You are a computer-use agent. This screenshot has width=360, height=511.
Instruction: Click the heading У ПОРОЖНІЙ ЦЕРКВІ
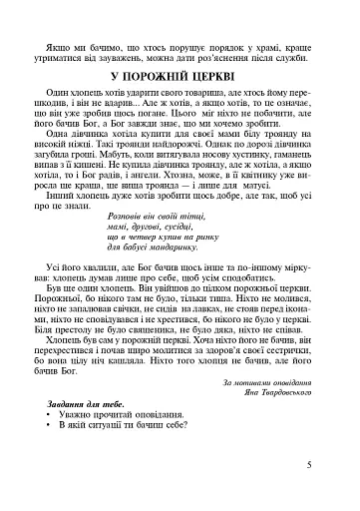point(180,76)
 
